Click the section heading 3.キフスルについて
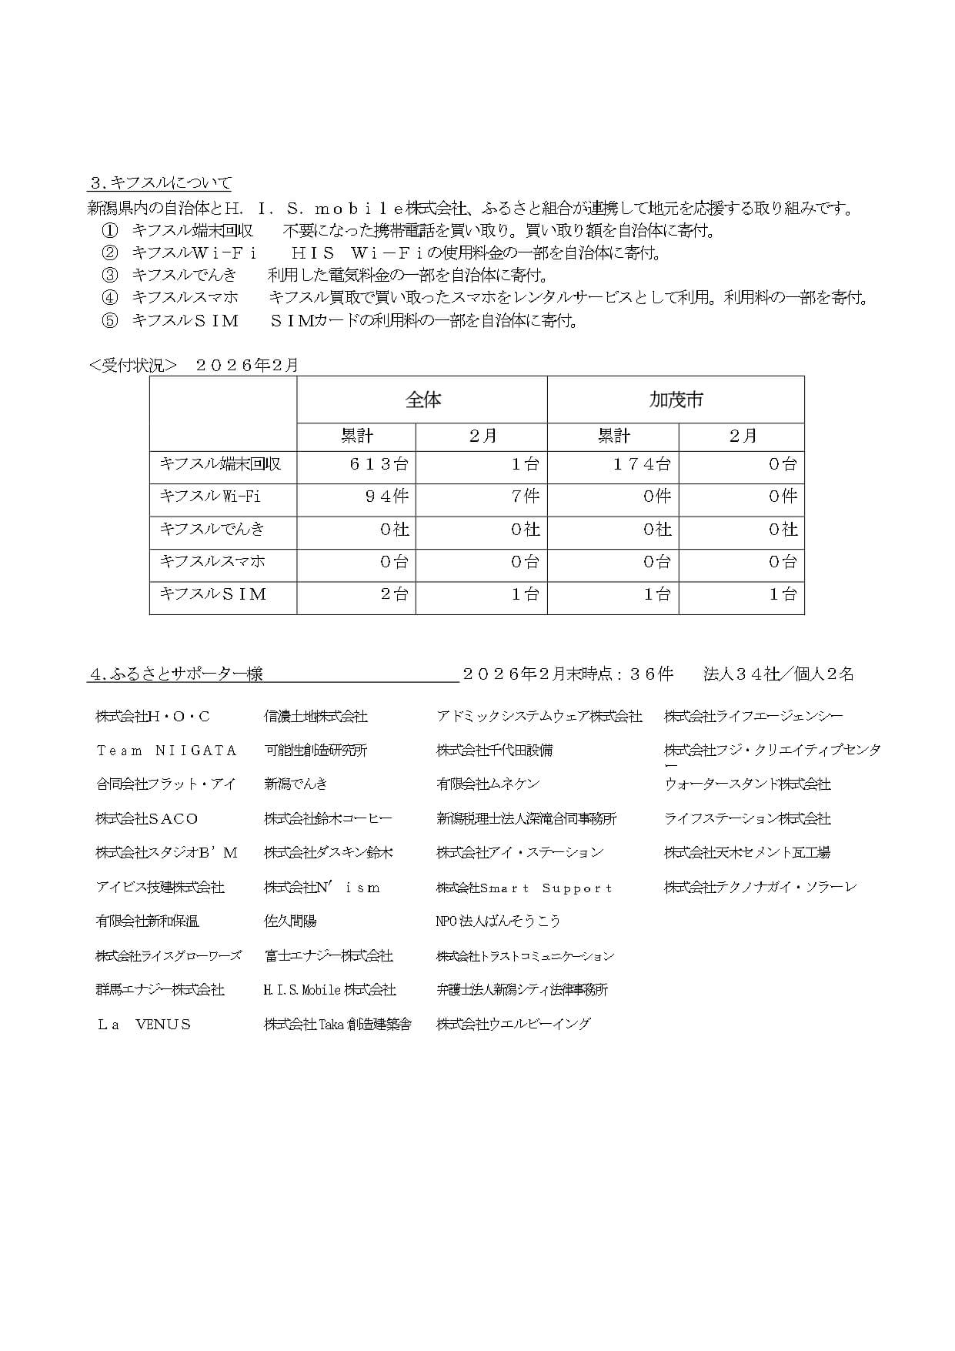click(160, 183)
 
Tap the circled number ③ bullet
click(111, 275)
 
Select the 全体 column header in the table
click(422, 400)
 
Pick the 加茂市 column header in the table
click(676, 400)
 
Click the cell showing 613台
click(379, 464)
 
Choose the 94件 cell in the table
click(387, 497)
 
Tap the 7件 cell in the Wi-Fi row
click(526, 497)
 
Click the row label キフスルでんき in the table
click(212, 529)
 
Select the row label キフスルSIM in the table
click(213, 594)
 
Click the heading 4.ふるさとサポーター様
click(176, 674)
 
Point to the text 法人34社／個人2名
click(779, 674)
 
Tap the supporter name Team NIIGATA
click(166, 751)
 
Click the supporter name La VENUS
click(144, 1025)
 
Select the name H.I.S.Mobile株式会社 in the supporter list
click(329, 990)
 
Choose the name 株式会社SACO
click(147, 819)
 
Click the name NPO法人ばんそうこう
click(498, 921)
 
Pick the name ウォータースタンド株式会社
click(747, 784)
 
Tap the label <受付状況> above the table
click(133, 366)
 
